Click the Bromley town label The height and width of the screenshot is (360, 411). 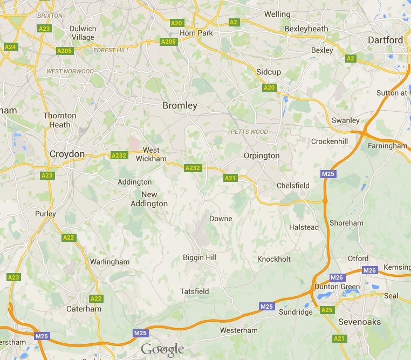click(x=180, y=106)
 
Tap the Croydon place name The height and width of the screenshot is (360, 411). click(x=67, y=154)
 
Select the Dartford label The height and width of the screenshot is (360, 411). click(x=385, y=40)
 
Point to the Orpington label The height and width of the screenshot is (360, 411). click(x=262, y=155)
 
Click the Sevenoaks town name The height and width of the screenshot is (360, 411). click(x=359, y=322)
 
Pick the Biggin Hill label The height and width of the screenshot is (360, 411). click(x=200, y=257)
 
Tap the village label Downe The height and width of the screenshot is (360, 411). click(x=221, y=219)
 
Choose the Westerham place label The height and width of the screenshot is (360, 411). click(x=239, y=330)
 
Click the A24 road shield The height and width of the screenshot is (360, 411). click(x=10, y=47)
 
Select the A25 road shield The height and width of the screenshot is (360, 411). click(x=327, y=310)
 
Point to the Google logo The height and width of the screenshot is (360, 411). click(x=162, y=350)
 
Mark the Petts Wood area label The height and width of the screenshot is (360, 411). click(x=249, y=132)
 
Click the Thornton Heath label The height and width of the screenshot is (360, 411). click(x=60, y=120)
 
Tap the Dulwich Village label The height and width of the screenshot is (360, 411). click(x=83, y=33)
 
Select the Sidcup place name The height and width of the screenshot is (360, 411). click(x=269, y=72)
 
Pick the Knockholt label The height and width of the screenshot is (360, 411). click(x=274, y=259)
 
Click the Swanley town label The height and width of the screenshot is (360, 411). click(x=346, y=120)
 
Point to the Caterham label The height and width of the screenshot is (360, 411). click(x=84, y=309)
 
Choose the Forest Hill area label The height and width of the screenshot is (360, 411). click(x=111, y=50)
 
